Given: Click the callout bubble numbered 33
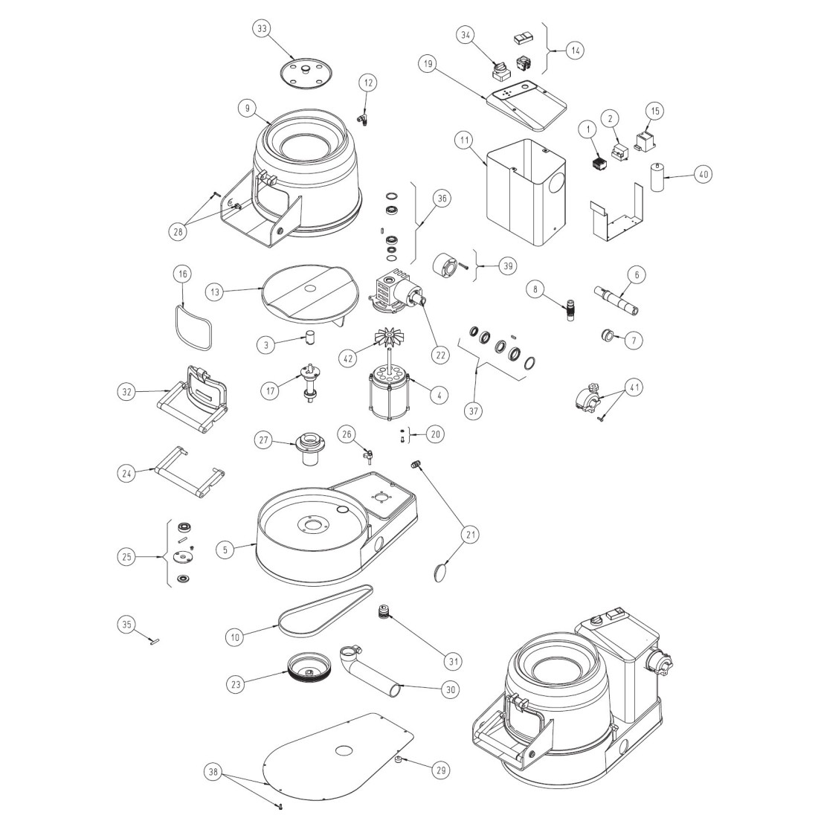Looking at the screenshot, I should (x=262, y=28).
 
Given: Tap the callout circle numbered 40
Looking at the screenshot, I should (x=703, y=174).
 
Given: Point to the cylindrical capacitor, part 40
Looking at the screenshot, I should (x=657, y=177).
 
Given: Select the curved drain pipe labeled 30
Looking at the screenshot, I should (x=370, y=674).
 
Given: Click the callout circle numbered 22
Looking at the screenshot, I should (x=442, y=355).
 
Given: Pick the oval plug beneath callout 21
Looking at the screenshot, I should (x=440, y=570).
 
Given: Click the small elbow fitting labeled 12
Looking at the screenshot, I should (x=363, y=117).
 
